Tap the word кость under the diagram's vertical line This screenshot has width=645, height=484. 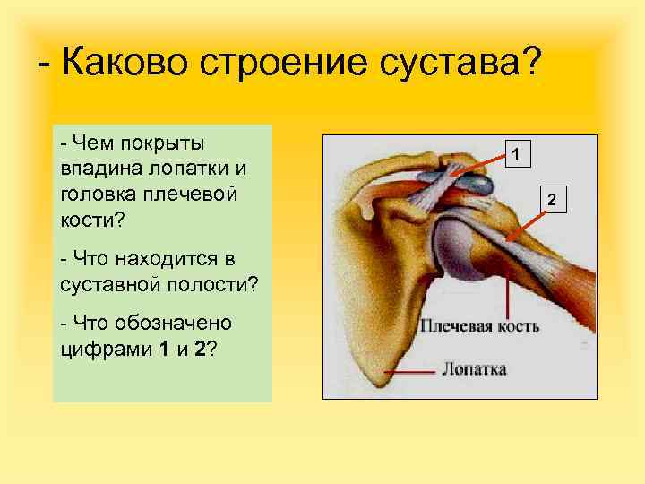pyautogui.click(x=517, y=325)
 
